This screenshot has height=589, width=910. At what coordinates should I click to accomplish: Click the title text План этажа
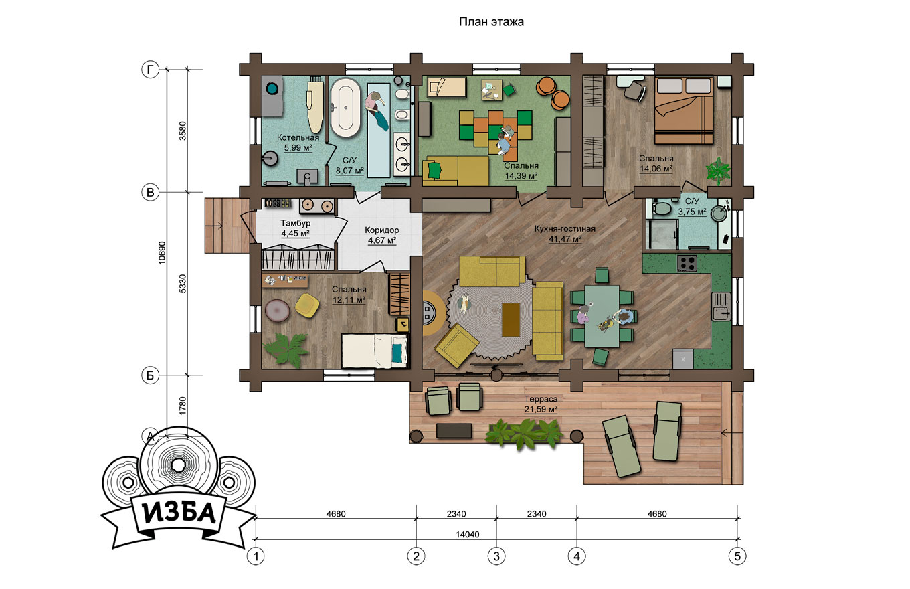tap(491, 22)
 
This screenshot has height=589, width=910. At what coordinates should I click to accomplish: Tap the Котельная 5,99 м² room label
tap(298, 143)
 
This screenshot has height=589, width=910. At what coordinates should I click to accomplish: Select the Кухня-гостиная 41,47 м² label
tap(565, 234)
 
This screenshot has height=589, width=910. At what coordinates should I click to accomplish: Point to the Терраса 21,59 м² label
tap(541, 404)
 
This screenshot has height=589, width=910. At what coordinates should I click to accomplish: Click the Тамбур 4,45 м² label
tap(295, 228)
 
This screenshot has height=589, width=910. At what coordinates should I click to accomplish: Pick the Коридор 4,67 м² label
tap(382, 235)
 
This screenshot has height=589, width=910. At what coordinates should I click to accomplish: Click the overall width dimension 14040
tap(467, 535)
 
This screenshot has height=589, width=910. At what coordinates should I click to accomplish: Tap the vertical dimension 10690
tap(162, 253)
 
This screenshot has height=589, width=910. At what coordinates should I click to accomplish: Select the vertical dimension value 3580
tap(183, 131)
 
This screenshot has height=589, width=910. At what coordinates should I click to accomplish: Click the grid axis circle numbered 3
tap(496, 556)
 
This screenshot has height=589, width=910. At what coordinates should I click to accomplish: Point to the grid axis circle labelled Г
tap(151, 70)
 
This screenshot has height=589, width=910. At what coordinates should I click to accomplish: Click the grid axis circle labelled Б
tap(151, 375)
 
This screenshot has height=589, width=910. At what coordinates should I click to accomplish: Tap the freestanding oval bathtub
tap(345, 107)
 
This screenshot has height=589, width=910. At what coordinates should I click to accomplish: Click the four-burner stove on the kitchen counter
tap(687, 263)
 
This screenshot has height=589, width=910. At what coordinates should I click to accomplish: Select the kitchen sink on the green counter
tap(721, 307)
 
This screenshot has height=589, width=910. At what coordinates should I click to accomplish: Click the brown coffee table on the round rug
tap(511, 319)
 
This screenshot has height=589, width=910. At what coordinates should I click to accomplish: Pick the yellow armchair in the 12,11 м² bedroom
tap(306, 305)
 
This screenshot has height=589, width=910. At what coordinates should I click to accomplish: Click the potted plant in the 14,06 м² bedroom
tap(718, 171)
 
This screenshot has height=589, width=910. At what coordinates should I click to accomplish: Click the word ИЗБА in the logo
tap(179, 513)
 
